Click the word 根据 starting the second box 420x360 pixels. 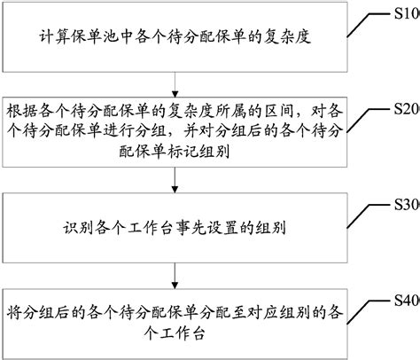[x=22, y=112]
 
